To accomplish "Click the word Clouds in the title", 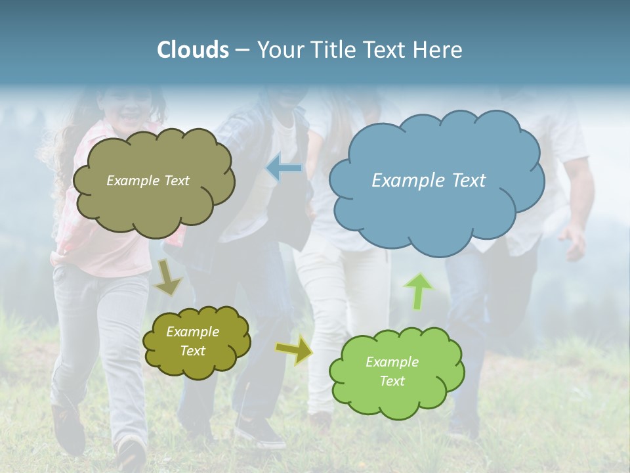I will [x=193, y=50].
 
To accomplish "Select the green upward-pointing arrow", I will [x=418, y=290].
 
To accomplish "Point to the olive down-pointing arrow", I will [x=167, y=277].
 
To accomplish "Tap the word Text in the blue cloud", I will [x=469, y=180].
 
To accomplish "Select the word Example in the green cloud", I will [x=392, y=362].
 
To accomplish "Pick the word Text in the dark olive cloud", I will [x=193, y=351].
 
